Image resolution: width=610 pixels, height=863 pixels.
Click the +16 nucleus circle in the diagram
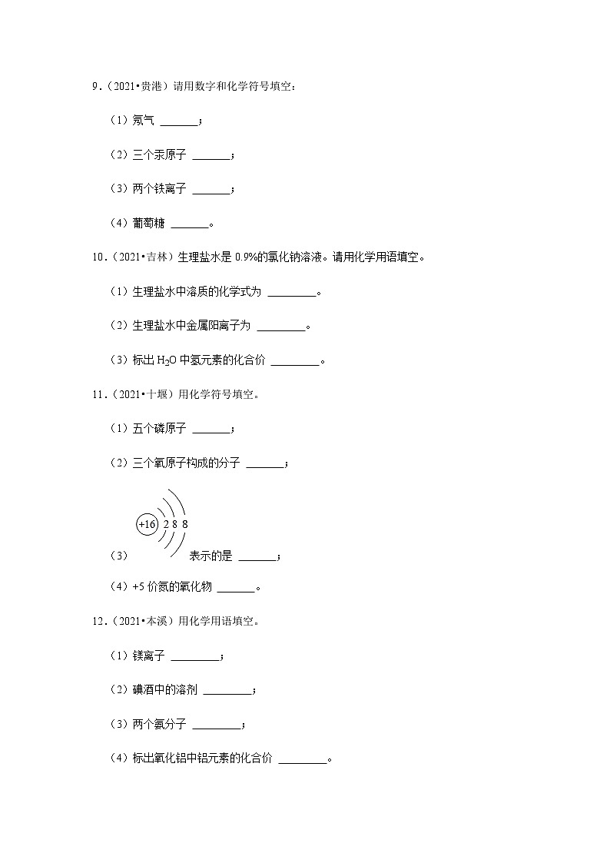pos(147,524)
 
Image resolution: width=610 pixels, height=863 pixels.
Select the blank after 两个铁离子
pos(211,191)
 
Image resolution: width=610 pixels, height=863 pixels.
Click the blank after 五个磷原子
pos(211,430)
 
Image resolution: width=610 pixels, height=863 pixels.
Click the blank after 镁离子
pos(194,658)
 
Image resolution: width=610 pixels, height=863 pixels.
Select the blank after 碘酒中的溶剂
pos(227,692)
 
